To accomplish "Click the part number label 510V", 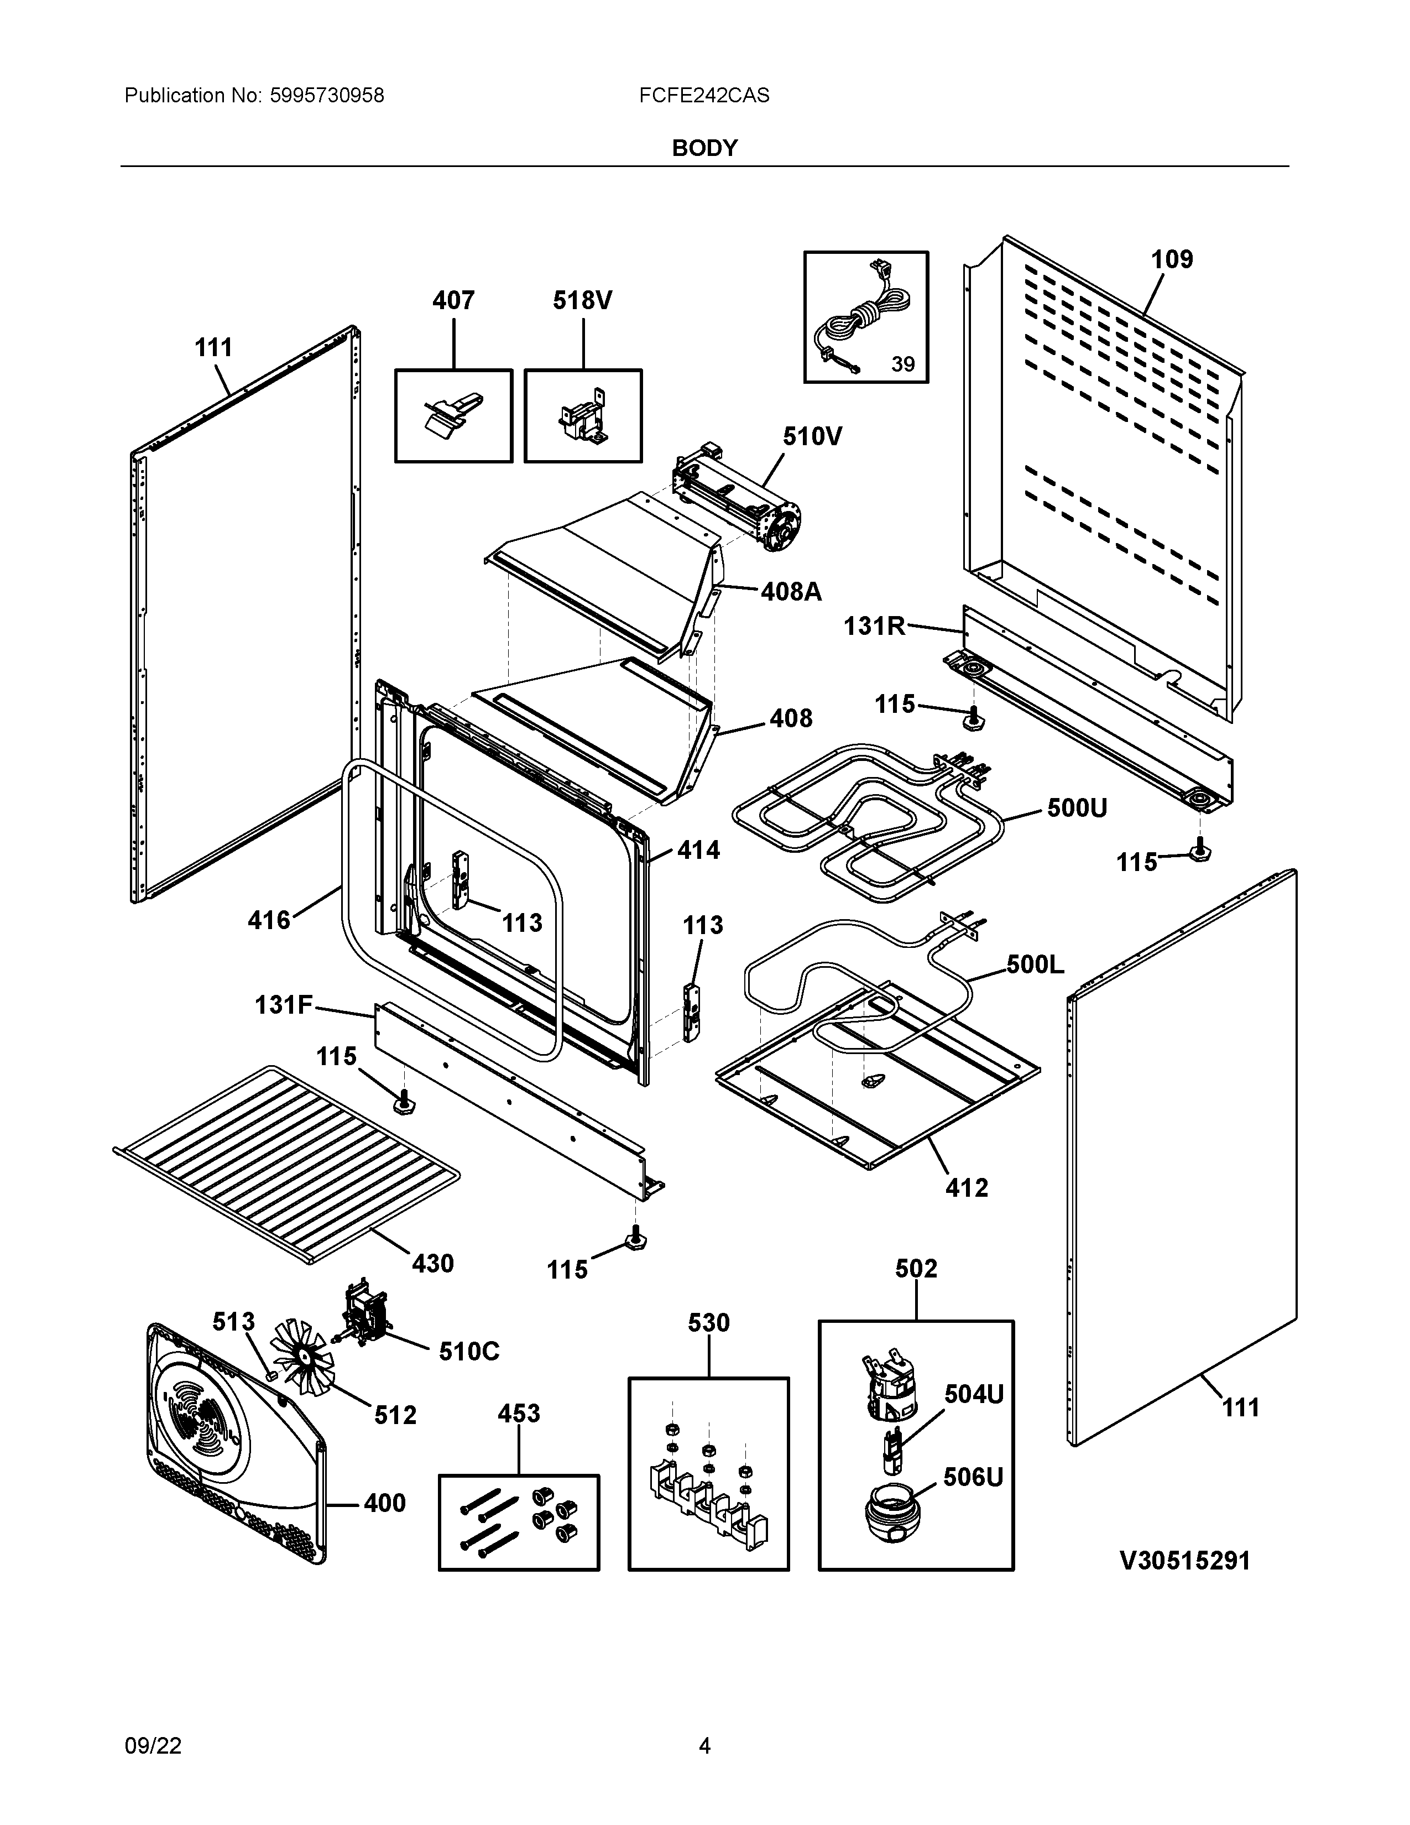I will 812,436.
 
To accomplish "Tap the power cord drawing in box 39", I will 865,317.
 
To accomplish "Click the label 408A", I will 791,592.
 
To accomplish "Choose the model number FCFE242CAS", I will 704,95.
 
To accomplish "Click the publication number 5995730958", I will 327,95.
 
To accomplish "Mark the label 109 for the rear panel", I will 1172,260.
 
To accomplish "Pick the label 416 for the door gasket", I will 269,921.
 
